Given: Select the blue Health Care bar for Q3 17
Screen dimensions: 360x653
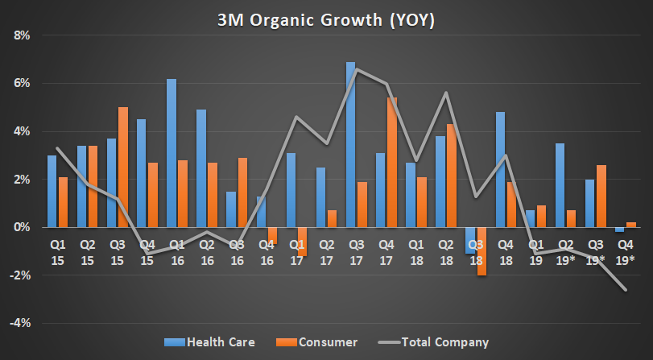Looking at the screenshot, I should [351, 145].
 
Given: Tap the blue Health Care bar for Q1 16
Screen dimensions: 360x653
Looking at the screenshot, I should [172, 153].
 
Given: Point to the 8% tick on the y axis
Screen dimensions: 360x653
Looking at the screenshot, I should [19, 35].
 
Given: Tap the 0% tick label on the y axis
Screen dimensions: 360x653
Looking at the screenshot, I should [19, 227].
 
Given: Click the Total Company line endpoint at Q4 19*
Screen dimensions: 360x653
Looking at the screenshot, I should [626, 290].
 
